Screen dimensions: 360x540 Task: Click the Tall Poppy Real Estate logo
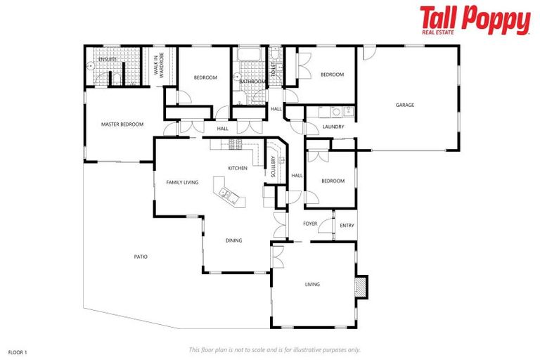coord(475,20)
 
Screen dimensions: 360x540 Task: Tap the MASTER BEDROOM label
coord(122,124)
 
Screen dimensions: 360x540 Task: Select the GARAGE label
coord(404,105)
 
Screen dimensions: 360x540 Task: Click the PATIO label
coord(141,257)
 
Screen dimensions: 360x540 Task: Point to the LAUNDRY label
coord(333,127)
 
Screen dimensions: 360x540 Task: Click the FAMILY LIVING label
coord(182,182)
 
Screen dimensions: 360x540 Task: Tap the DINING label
coord(233,240)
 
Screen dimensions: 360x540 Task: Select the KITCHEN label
coord(237,168)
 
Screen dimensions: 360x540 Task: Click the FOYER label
coord(310,224)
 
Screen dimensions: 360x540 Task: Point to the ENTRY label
coord(347,226)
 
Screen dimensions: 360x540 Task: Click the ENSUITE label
coord(107,60)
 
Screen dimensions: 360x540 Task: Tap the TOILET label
coord(274,69)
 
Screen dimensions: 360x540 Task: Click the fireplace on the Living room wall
coord(361,285)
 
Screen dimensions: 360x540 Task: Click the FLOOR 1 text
coord(18,350)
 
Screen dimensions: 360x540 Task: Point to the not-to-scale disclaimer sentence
coord(274,349)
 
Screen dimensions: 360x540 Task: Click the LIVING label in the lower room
coord(312,285)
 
